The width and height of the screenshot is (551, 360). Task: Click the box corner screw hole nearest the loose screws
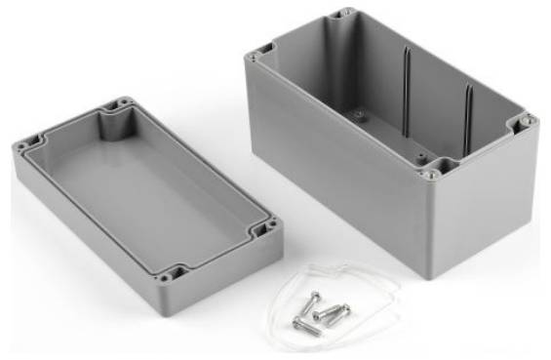point(429,175)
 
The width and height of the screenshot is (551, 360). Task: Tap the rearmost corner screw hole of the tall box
point(342,14)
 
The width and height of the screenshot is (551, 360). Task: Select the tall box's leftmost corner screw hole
point(253,58)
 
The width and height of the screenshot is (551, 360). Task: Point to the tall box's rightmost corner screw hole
point(529,121)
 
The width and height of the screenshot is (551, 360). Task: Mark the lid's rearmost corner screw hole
point(123,100)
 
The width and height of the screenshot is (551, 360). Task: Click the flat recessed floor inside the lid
point(137,185)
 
